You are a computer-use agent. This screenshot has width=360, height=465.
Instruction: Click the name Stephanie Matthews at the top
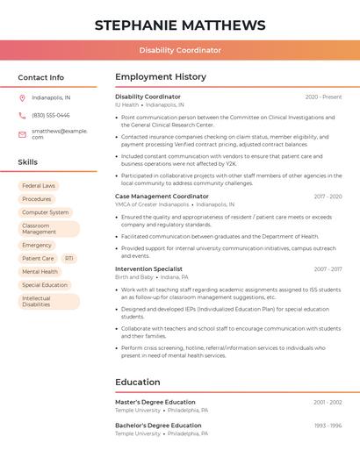point(180,25)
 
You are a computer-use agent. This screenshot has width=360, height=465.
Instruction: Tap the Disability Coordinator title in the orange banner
point(180,51)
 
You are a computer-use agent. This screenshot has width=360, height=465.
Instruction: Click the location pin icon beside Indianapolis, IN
point(22,97)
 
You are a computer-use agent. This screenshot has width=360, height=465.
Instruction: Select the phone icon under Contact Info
point(22,115)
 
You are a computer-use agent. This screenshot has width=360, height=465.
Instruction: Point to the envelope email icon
point(22,134)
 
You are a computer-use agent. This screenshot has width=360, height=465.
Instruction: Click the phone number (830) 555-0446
point(51,115)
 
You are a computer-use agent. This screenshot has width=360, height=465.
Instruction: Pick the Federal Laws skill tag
point(39,186)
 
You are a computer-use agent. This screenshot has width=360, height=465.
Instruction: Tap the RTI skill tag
point(68,259)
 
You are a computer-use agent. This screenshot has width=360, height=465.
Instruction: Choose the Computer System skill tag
point(45,212)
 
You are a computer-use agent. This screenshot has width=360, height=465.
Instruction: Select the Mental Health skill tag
point(40,272)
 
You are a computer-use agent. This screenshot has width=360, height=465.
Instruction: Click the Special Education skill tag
point(45,285)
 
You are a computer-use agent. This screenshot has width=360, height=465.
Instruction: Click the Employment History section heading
point(161,77)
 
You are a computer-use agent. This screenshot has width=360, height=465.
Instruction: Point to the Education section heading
point(138,383)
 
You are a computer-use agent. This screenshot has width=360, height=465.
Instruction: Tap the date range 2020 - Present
point(323,97)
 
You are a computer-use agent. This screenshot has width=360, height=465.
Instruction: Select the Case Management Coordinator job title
point(162,197)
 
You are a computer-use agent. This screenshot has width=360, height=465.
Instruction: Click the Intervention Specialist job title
point(148,269)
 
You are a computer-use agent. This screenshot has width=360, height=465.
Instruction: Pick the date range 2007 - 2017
point(328,269)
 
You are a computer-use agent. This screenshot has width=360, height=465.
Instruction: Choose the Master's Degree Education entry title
point(155,402)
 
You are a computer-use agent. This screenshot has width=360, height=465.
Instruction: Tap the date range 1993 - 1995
point(328,426)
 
